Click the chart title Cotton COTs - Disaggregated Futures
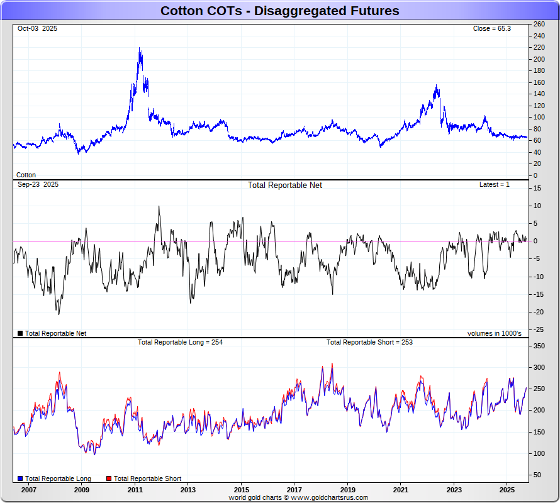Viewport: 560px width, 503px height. tap(279, 11)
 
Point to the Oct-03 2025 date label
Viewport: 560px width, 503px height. tap(37, 29)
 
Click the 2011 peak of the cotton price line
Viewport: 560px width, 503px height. tap(139, 49)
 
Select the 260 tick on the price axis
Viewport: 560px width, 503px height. tap(539, 24)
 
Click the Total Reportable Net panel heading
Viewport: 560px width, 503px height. tap(284, 185)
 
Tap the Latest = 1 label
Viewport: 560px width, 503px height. tap(495, 184)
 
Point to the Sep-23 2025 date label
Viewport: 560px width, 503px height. tap(38, 184)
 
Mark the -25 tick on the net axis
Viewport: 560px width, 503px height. tap(538, 329)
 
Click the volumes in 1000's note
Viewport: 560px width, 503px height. tap(494, 333)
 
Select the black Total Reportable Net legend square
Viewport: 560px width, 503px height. tap(20, 333)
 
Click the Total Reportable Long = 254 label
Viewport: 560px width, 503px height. tap(180, 343)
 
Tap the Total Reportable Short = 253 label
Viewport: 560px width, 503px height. tap(369, 343)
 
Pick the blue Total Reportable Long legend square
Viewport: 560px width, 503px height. tap(20, 479)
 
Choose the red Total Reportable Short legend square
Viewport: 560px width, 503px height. tap(109, 479)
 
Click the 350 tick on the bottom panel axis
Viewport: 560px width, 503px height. tap(539, 346)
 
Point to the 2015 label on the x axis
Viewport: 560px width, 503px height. tap(241, 489)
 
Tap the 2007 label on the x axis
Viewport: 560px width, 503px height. tap(28, 489)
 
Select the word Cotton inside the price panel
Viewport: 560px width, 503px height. tap(26, 175)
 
